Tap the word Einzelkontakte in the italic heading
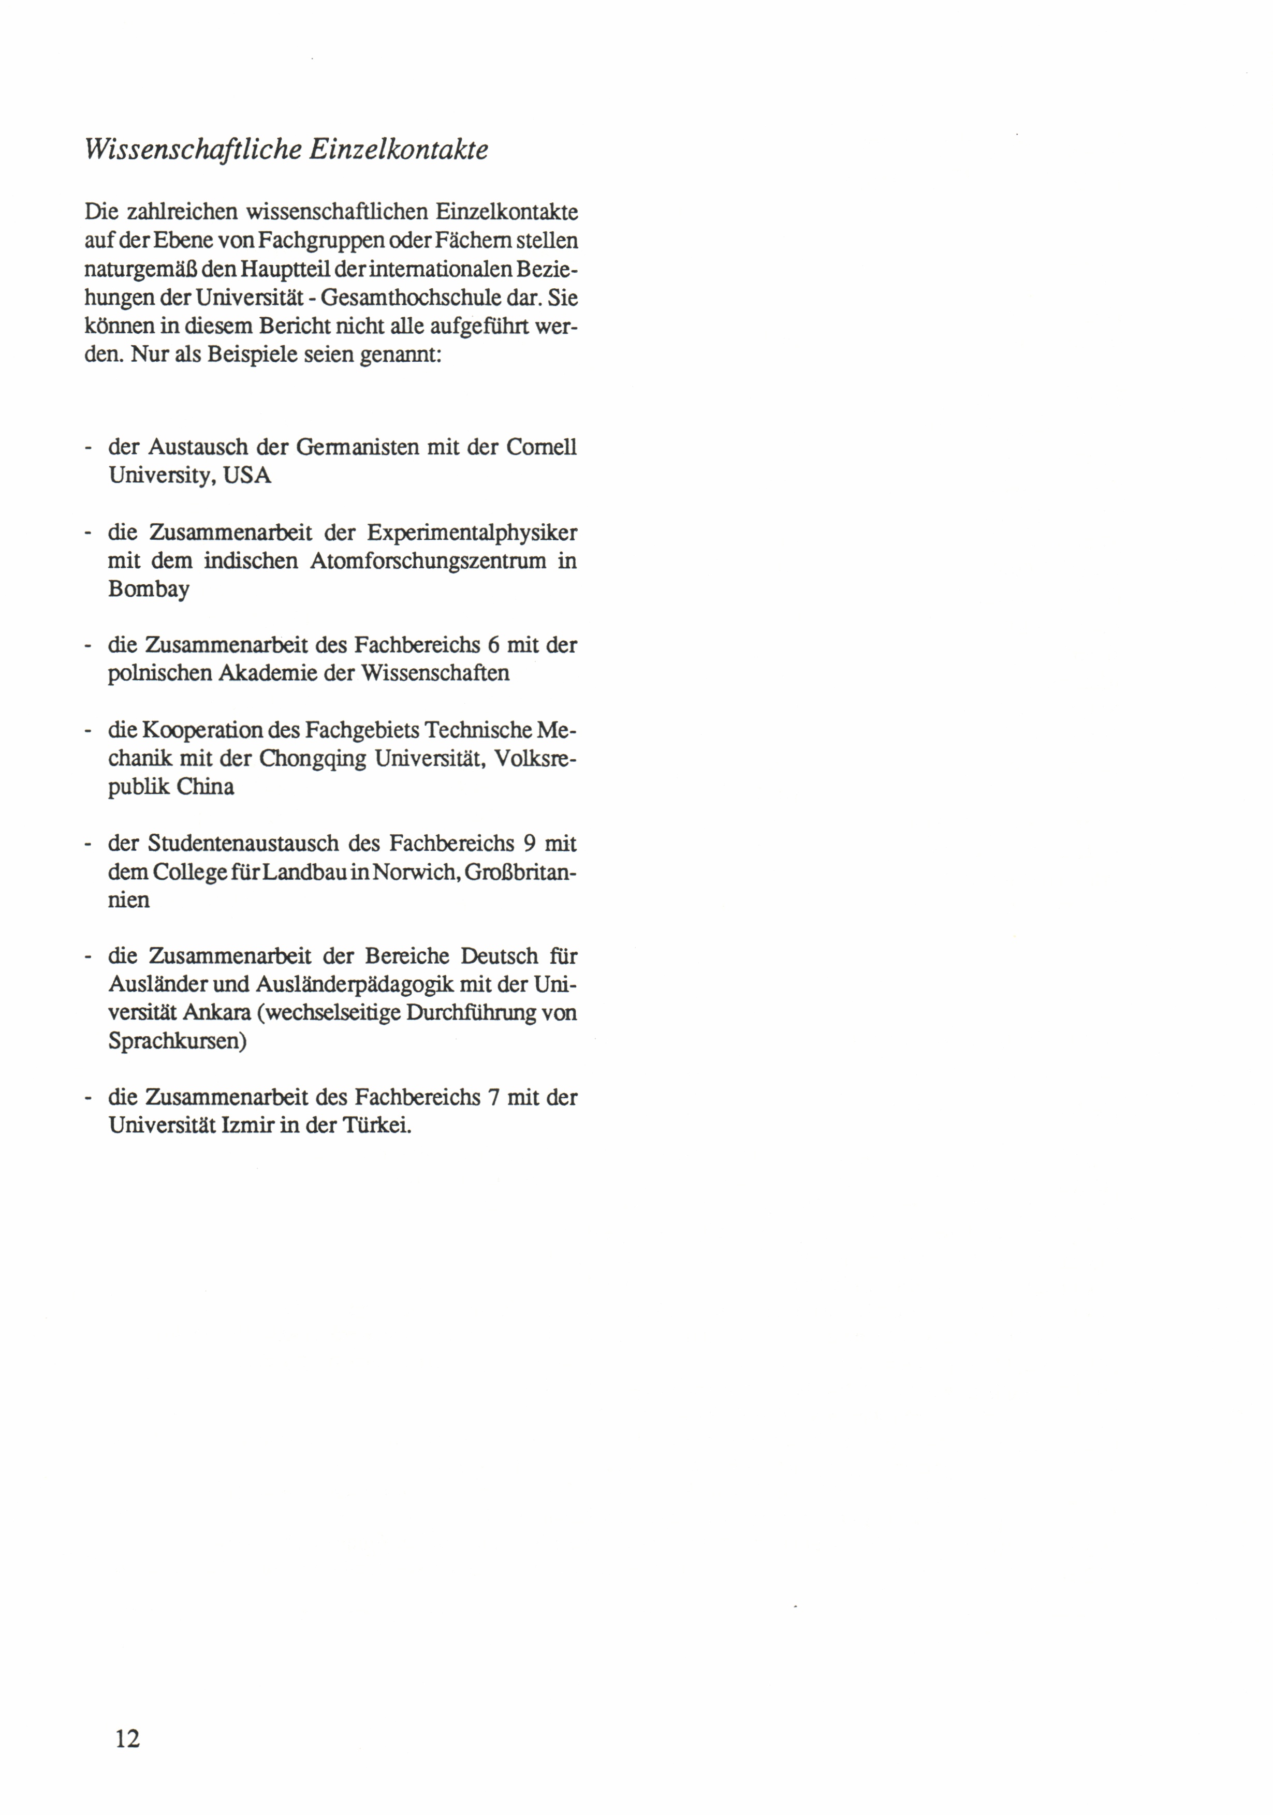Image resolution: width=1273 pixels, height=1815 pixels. [x=399, y=150]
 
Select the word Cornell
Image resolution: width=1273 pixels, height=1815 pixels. [x=541, y=448]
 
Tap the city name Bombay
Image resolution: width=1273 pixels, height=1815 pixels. [x=149, y=589]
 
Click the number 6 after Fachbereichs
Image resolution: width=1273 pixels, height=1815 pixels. [x=493, y=645]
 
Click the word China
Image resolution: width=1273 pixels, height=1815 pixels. [x=205, y=787]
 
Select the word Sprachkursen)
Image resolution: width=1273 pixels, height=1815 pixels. [x=177, y=1041]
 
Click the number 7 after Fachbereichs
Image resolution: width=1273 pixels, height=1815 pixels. [x=493, y=1097]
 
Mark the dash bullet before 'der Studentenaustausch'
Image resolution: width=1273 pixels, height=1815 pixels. [x=89, y=844]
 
